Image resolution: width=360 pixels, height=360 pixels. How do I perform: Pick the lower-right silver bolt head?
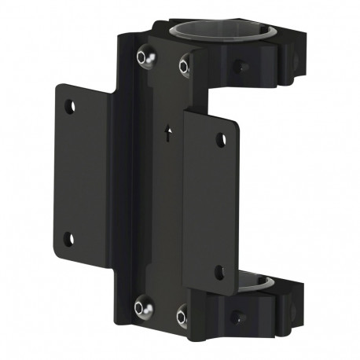[182, 318]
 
